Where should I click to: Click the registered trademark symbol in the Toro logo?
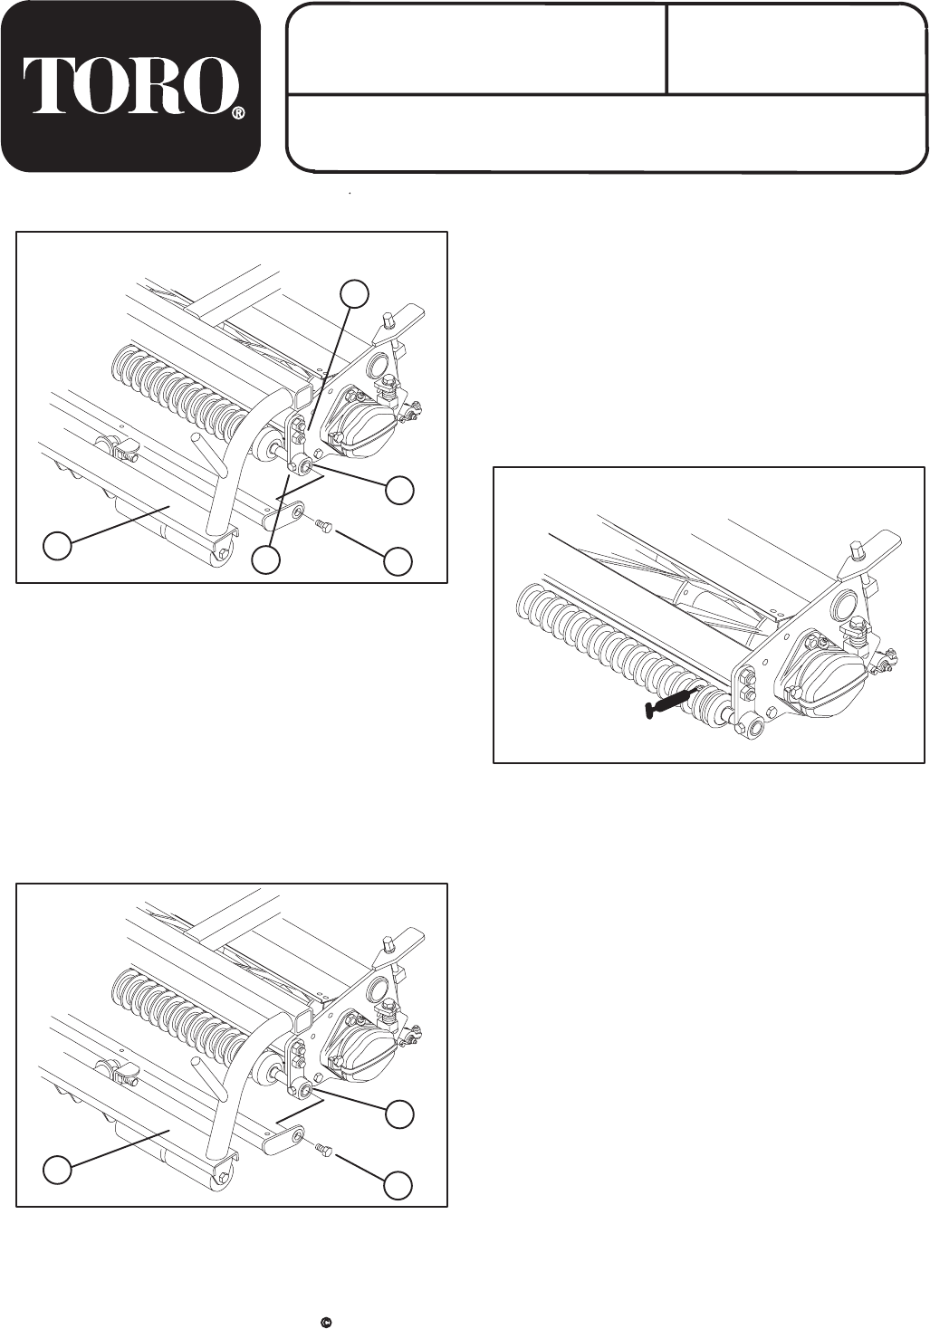(237, 113)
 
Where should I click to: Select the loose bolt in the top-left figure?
(323, 524)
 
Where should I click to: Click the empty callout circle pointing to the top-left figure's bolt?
(398, 560)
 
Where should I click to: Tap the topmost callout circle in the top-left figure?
(354, 293)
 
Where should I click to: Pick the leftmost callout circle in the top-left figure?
(58, 545)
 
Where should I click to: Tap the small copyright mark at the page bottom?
(325, 1318)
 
